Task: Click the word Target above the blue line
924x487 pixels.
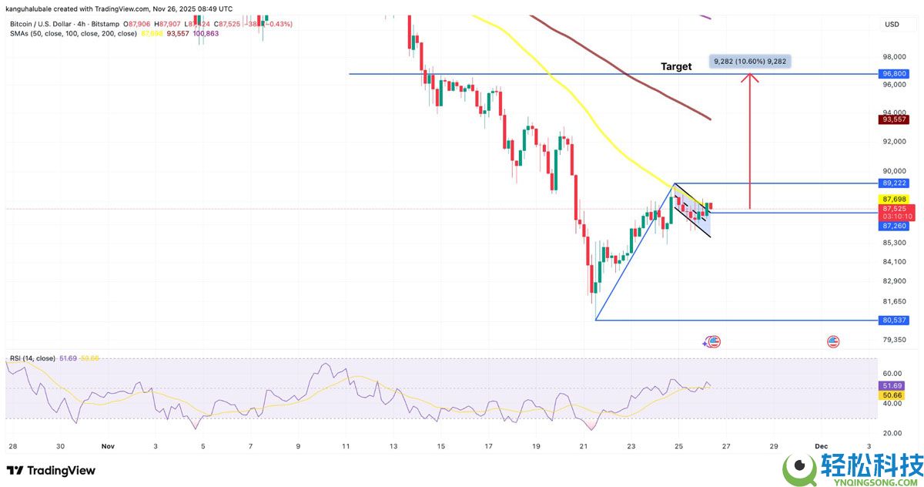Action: (676, 66)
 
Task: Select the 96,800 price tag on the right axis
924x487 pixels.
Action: (895, 74)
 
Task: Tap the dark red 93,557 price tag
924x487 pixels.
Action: (895, 119)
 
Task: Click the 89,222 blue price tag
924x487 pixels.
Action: (895, 183)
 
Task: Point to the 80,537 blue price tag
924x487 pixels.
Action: (895, 320)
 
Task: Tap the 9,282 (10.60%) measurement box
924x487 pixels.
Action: (750, 61)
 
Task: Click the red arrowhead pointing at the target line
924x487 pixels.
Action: (750, 78)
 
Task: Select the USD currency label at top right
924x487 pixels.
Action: (892, 25)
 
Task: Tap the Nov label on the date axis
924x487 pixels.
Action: (108, 446)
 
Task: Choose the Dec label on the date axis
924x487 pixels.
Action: (822, 446)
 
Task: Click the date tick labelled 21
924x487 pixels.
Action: (584, 446)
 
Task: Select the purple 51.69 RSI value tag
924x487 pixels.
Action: (893, 385)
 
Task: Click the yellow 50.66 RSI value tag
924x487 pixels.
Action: (893, 395)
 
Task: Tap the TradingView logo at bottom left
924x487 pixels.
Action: (51, 470)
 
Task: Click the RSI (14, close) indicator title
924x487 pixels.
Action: (32, 359)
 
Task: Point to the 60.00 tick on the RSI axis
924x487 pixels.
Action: (893, 373)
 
